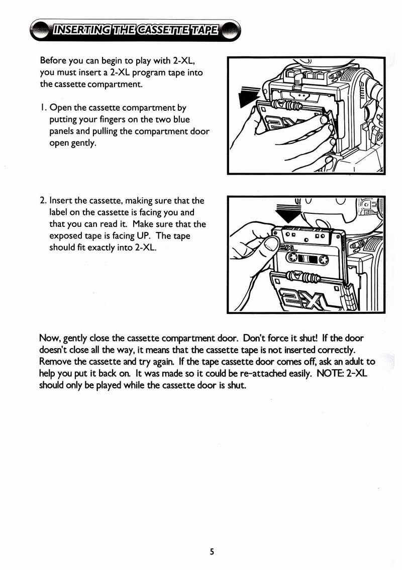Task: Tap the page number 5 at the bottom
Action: coord(212,551)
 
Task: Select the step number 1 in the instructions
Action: coord(43,108)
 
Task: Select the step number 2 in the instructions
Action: coord(43,201)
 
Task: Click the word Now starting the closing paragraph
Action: coord(50,339)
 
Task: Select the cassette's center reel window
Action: coord(308,259)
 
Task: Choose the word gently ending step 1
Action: coord(83,143)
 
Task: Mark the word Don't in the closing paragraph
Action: coord(254,339)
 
